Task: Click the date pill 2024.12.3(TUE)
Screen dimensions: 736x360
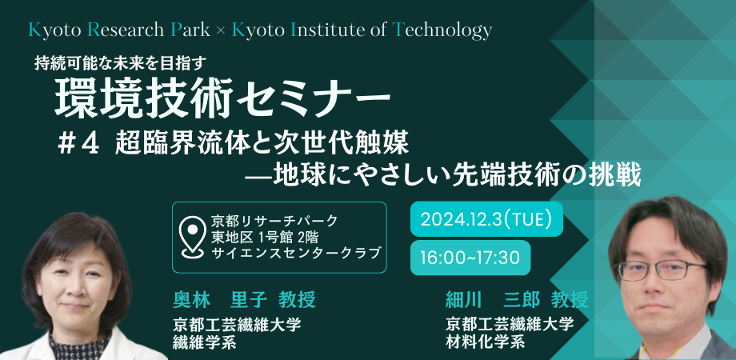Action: [486, 219]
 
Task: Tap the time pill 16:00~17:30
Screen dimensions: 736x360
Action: [470, 258]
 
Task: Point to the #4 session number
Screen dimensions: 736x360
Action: [78, 144]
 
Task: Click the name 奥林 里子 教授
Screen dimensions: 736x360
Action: [245, 299]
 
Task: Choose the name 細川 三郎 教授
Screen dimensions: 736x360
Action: [517, 299]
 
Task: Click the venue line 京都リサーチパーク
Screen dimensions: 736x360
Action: [275, 219]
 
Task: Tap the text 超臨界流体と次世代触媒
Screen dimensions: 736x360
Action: [262, 144]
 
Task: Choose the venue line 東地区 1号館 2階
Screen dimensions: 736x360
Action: [266, 237]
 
